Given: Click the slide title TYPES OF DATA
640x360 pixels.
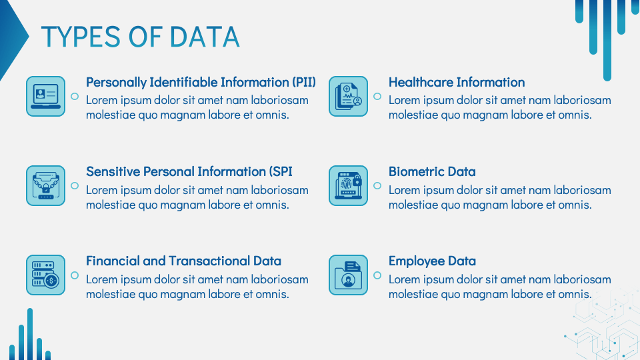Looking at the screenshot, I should click(140, 37).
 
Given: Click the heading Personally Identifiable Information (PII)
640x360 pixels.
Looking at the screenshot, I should click(201, 82).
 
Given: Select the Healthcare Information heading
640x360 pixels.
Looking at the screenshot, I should click(457, 82).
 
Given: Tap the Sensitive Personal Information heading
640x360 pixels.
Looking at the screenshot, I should click(189, 171).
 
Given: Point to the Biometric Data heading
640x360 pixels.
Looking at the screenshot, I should click(432, 171).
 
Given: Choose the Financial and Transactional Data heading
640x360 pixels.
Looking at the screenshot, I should click(183, 261).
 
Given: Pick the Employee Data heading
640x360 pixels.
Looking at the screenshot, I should click(432, 261).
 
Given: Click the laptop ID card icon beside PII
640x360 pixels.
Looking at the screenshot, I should click(45, 96).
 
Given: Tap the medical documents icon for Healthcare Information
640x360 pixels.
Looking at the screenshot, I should click(348, 96).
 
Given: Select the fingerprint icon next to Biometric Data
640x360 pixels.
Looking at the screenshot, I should click(348, 185).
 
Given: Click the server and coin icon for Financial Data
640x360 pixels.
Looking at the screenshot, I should click(45, 275).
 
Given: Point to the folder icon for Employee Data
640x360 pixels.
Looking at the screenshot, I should click(348, 275).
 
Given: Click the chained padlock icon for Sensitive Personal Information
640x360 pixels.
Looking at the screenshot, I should click(45, 185).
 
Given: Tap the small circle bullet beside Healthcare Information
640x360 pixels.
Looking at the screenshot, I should click(377, 97).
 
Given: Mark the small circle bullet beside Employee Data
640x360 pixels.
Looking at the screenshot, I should click(377, 275).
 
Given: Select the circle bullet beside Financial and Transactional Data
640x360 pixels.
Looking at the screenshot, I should click(75, 275).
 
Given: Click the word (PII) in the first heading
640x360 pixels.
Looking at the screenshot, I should click(303, 82).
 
